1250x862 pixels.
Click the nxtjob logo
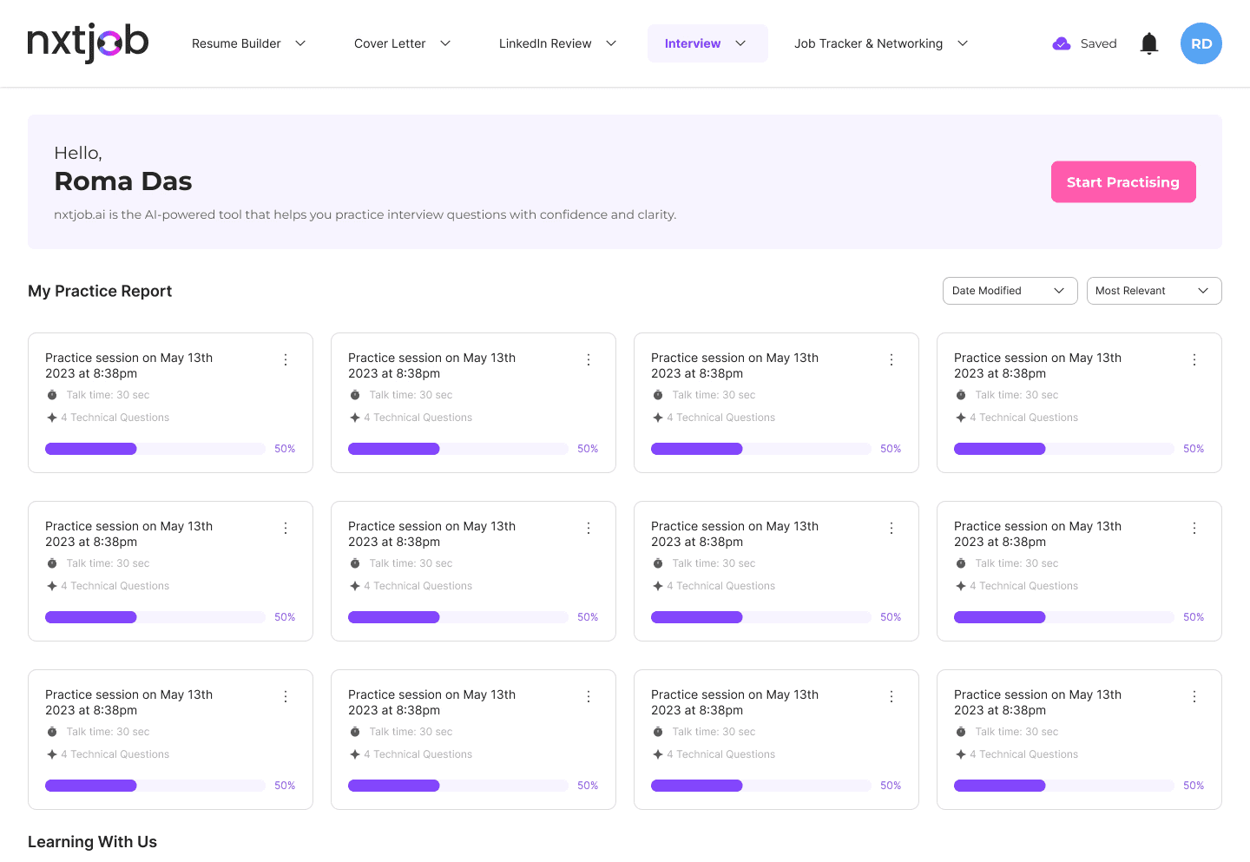pos(88,43)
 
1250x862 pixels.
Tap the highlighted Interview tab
pos(707,43)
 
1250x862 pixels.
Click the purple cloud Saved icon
pos(1061,43)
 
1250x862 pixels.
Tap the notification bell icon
pos(1149,43)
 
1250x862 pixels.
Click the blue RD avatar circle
pos(1201,43)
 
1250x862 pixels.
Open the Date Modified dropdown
pos(1010,291)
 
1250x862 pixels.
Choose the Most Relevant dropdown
pos(1154,291)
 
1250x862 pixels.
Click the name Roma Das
pos(122,181)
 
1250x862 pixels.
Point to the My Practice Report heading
pos(100,291)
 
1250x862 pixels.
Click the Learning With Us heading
pos(92,841)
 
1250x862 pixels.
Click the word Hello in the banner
pos(77,153)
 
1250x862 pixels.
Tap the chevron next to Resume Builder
pos(300,43)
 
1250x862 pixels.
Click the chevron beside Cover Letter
pos(444,43)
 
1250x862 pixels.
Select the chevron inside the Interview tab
pos(740,43)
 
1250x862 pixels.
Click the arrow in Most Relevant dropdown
pos(1203,291)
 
